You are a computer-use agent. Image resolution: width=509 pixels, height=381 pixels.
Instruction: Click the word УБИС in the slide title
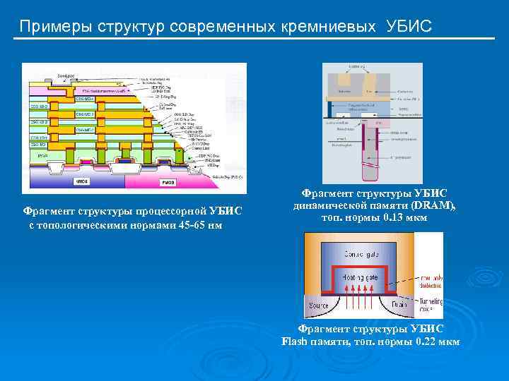click(x=409, y=27)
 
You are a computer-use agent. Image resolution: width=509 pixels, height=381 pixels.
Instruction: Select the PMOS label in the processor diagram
click(x=168, y=182)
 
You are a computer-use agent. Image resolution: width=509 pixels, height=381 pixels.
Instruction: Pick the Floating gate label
click(x=361, y=278)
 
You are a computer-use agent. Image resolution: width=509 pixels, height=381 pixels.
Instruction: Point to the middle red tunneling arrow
click(x=361, y=295)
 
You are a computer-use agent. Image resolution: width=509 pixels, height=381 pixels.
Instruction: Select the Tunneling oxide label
click(x=429, y=305)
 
